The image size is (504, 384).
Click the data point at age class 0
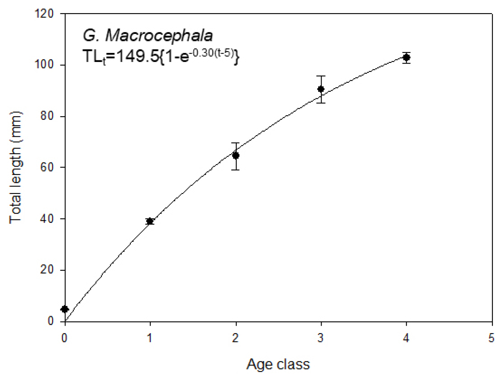pyautogui.click(x=65, y=309)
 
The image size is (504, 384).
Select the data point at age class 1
pyautogui.click(x=150, y=221)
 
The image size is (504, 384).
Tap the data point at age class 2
pyautogui.click(x=235, y=155)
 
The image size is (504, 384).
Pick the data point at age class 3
pyautogui.click(x=321, y=89)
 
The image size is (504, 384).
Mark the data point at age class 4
pyautogui.click(x=406, y=57)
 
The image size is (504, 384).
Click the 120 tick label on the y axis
pyautogui.click(x=49, y=14)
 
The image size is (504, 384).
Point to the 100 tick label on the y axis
pyautogui.click(x=49, y=65)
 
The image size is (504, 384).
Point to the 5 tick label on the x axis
pyautogui.click(x=492, y=337)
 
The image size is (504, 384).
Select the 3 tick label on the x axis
pyautogui.click(x=321, y=337)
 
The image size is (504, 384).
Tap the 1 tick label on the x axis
pyautogui.click(x=150, y=337)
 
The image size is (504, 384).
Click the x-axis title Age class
pyautogui.click(x=278, y=365)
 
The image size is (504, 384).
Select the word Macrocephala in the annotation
pyautogui.click(x=159, y=37)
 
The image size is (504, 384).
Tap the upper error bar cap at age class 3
pyautogui.click(x=321, y=76)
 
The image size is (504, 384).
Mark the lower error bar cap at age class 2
pyautogui.click(x=235, y=169)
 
